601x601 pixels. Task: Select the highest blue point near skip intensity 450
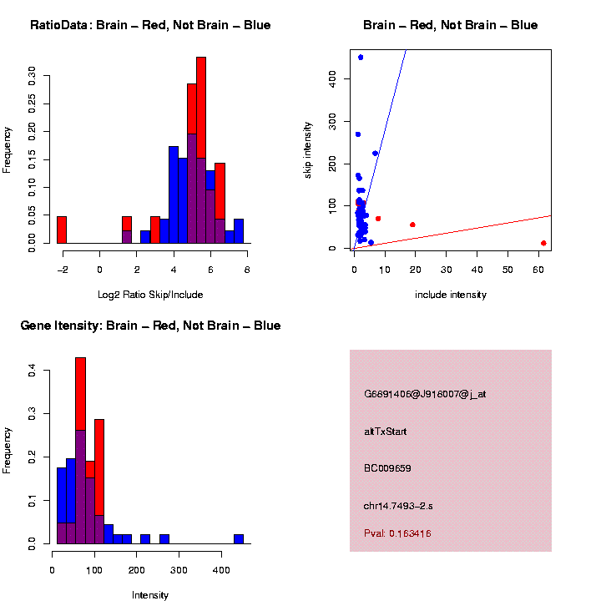point(361,58)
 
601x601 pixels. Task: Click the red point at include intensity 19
point(412,225)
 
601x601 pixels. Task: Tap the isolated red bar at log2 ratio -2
point(62,230)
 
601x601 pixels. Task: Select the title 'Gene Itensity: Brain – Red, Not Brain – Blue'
point(150,326)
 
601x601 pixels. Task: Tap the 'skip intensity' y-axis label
point(308,149)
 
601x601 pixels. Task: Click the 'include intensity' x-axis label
point(451,295)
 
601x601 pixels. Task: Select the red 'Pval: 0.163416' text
point(397,533)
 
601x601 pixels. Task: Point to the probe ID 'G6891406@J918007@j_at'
point(425,394)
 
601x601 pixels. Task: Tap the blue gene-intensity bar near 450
point(239,539)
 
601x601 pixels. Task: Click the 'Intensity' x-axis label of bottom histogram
point(150,595)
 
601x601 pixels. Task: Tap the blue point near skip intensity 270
point(358,134)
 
